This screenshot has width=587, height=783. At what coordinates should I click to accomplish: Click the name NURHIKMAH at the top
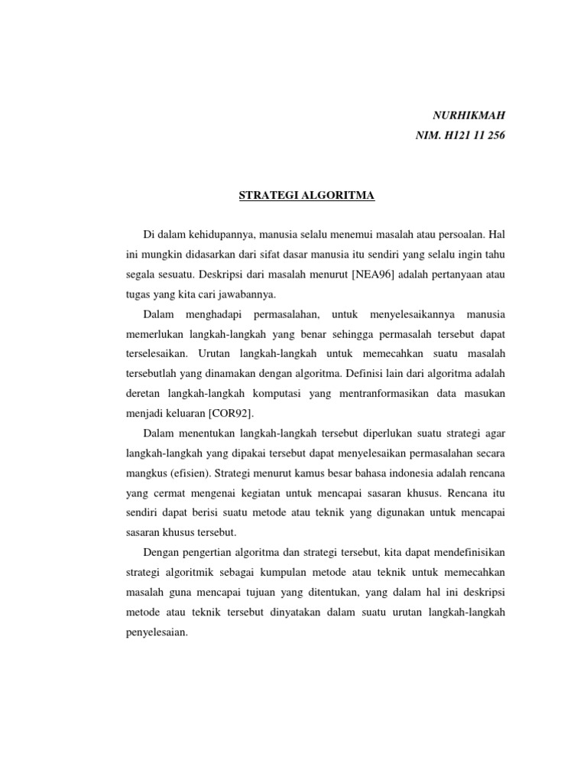469,115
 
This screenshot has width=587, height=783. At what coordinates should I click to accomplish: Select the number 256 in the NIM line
494,135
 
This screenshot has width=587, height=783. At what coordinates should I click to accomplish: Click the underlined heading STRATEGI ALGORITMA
306,196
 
